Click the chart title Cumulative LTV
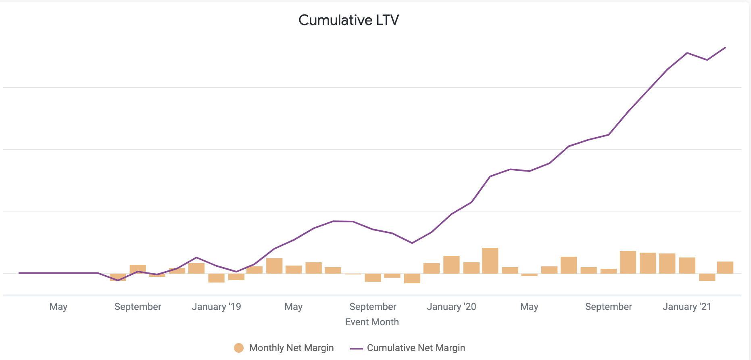coord(348,20)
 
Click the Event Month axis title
coord(372,322)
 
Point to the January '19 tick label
coord(216,307)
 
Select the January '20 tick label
coord(451,307)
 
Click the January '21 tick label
coord(687,307)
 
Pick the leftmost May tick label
coord(58,307)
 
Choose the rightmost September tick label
coord(608,307)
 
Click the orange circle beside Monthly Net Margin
coord(239,348)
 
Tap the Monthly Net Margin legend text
coord(291,348)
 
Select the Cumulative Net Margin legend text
coord(416,348)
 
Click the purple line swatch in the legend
coord(357,348)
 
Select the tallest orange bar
coord(490,261)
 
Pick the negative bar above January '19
coord(216,278)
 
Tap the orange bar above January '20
coord(451,265)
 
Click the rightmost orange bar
coord(725,268)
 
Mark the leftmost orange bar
coord(118,277)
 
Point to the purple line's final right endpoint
coord(726,48)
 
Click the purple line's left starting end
coord(19,273)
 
